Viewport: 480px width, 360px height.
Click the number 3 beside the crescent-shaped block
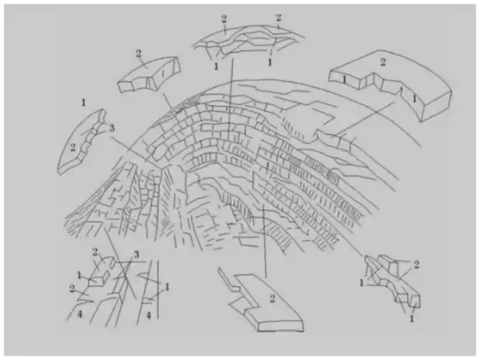pos(112,127)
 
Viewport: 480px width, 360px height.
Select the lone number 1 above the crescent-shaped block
pos(84,103)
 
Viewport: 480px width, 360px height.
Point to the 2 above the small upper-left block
pos(137,53)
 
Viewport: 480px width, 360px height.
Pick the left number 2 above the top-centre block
pos(224,17)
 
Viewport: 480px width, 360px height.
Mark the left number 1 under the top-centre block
pos(216,66)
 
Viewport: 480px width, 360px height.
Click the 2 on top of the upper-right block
pos(382,63)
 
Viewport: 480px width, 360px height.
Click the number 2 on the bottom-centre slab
pos(272,297)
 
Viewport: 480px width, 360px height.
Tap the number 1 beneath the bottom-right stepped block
pos(411,317)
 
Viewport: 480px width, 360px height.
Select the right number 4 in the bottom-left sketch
pos(148,315)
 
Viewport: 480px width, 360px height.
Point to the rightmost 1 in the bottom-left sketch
pos(166,287)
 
